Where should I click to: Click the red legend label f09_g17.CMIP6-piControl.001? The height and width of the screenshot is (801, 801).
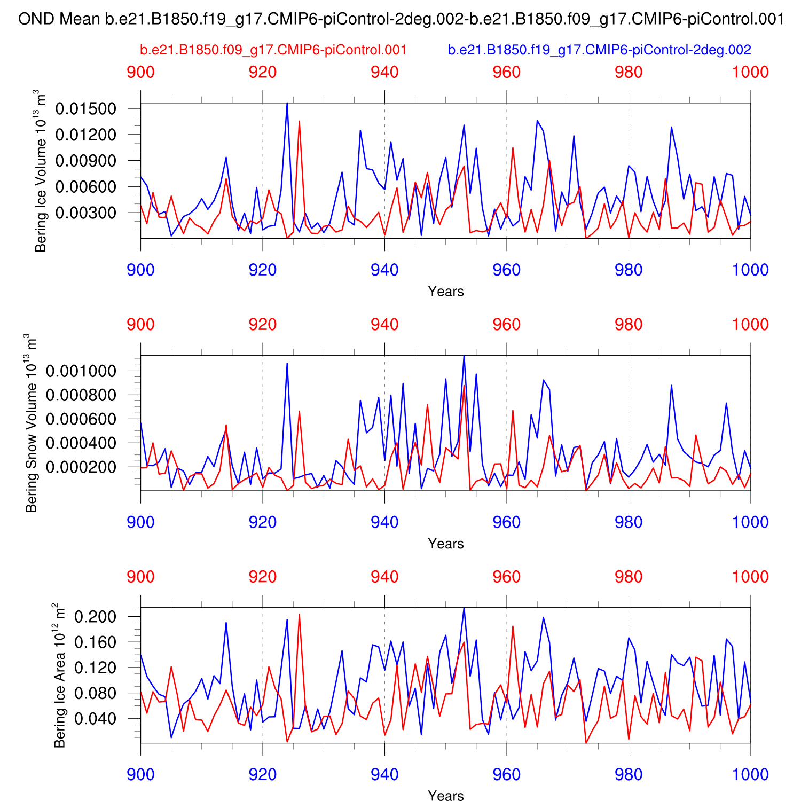coord(273,50)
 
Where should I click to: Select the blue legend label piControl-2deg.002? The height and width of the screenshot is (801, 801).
coord(599,50)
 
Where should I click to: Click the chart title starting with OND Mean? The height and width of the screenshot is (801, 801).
coord(401,20)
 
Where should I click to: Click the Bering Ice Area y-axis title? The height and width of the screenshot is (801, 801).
coord(60,676)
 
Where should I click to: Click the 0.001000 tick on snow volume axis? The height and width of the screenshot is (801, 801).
coord(89,371)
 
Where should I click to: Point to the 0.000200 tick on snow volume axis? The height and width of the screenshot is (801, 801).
coord(89,467)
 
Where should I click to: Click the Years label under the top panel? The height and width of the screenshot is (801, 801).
coord(446,292)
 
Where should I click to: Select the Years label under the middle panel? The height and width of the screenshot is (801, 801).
coord(446,544)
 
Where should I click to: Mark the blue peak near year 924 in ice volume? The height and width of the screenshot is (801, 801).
coord(287,103)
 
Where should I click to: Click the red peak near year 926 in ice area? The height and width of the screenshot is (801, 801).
coord(299,615)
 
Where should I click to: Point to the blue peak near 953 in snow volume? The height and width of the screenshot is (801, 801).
coord(464,356)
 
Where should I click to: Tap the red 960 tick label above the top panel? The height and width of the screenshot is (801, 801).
coord(506,72)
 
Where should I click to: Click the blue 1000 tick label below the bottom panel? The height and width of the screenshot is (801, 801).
coord(750,774)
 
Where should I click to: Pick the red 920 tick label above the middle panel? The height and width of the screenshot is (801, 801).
coord(263,325)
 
